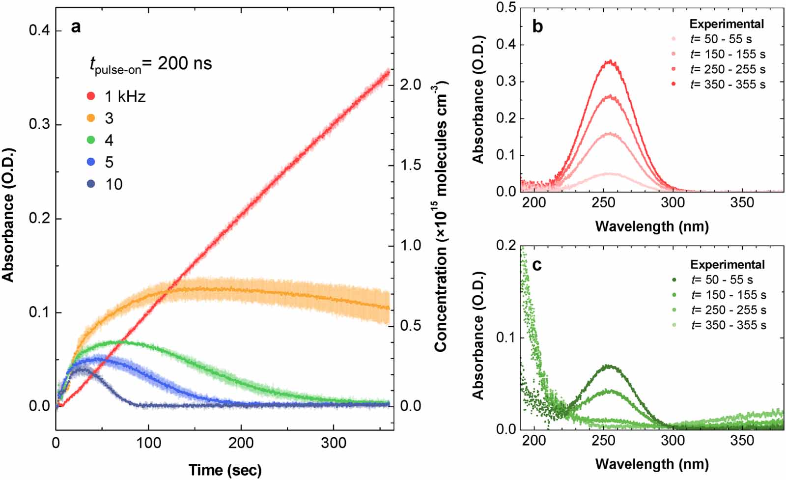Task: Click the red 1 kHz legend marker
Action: pyautogui.click(x=91, y=96)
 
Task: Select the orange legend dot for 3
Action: pyautogui.click(x=91, y=118)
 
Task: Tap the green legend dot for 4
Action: pyautogui.click(x=91, y=140)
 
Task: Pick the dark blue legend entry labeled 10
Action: pyautogui.click(x=91, y=184)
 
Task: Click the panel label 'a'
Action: pyautogui.click(x=76, y=27)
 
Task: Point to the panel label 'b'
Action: pyautogui.click(x=537, y=27)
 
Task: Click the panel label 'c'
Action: pyautogui.click(x=537, y=265)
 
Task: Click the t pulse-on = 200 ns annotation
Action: pyautogui.click(x=150, y=64)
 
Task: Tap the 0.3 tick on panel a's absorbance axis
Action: pyautogui.click(x=39, y=124)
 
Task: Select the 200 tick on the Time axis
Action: pyautogui.click(x=241, y=443)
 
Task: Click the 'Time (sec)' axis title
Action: pyautogui.click(x=225, y=470)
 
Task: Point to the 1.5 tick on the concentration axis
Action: pyautogui.click(x=410, y=165)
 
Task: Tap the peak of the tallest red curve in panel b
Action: pyautogui.click(x=610, y=61)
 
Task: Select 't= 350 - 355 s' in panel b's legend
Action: pyautogui.click(x=728, y=85)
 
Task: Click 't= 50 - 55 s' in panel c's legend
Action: pyautogui.click(x=722, y=280)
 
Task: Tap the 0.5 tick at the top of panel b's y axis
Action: pyautogui.click(x=506, y=7)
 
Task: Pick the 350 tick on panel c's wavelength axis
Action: pyautogui.click(x=742, y=440)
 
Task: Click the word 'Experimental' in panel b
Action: pyautogui.click(x=727, y=24)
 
